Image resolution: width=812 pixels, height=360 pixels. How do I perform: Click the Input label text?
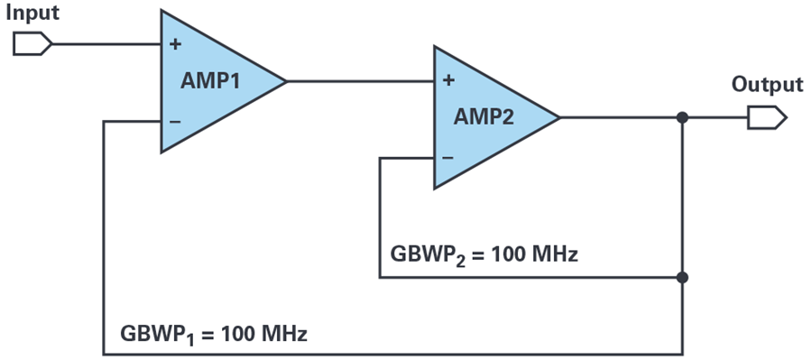(x=32, y=13)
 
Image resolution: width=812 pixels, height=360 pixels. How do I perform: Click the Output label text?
(x=768, y=85)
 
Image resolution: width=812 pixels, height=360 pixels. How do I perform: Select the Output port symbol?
(x=767, y=117)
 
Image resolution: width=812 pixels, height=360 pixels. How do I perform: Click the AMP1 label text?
(x=210, y=81)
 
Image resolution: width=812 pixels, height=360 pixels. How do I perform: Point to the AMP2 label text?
(x=484, y=117)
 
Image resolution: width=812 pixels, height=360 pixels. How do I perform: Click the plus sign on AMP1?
(x=176, y=44)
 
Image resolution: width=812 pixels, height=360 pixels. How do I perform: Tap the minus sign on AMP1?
(x=175, y=122)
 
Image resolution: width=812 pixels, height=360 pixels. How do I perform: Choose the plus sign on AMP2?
(x=449, y=80)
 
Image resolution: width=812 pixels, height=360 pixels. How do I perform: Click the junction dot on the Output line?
(x=683, y=118)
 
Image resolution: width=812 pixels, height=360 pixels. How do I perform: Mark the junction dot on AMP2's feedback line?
(x=683, y=278)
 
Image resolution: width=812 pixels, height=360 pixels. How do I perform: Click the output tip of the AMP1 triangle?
(x=286, y=81)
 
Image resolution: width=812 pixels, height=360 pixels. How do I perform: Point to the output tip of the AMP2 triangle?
(x=559, y=117)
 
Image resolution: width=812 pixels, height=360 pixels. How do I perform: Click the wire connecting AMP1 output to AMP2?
(x=360, y=81)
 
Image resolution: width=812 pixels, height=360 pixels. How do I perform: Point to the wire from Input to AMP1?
(x=106, y=44)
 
